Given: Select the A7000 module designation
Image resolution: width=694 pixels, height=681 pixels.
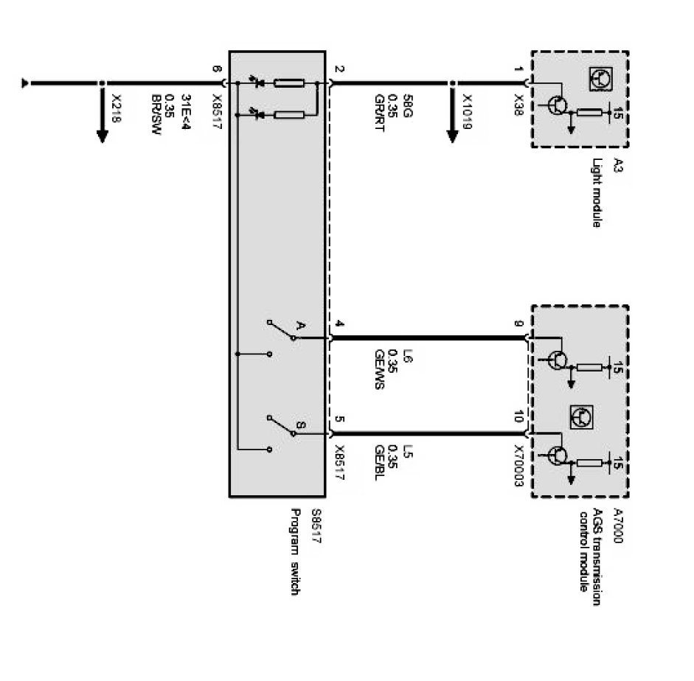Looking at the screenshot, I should click(618, 526).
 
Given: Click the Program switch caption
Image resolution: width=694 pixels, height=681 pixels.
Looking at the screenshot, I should click(296, 552).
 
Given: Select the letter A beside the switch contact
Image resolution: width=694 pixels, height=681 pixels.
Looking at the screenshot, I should click(300, 325).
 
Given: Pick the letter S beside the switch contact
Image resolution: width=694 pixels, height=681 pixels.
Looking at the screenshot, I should click(300, 425).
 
